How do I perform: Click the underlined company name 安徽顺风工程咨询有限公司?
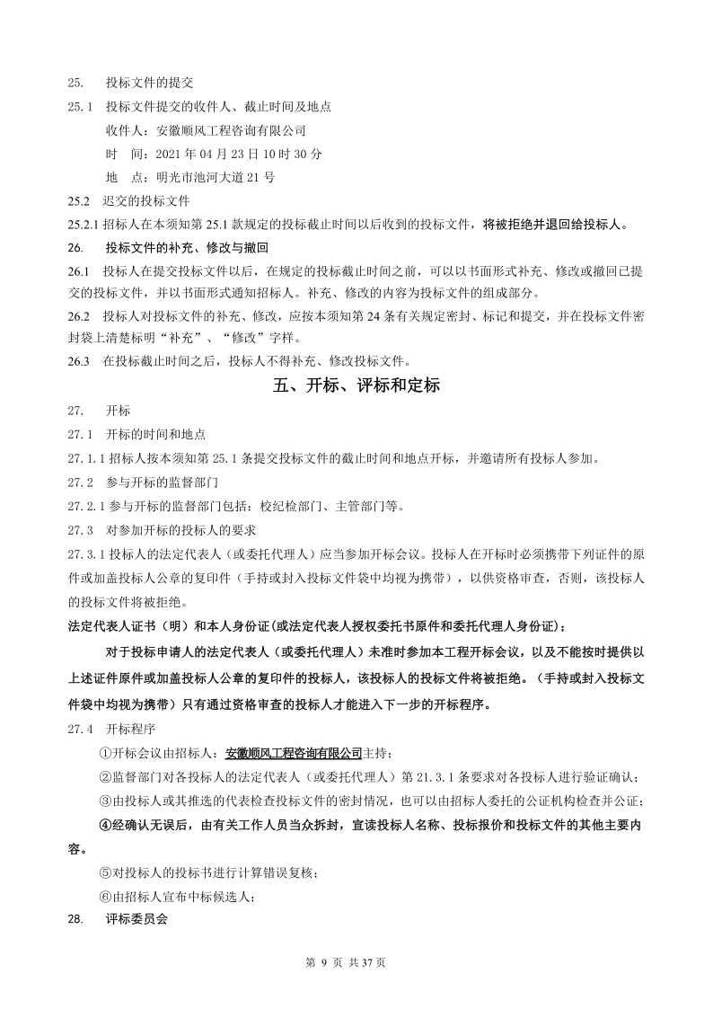(293, 754)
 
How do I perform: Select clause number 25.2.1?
(84, 224)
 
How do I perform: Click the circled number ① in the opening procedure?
(105, 754)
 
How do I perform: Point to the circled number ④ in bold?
(105, 824)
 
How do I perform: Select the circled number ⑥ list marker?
(105, 896)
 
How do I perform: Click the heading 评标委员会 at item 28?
(136, 919)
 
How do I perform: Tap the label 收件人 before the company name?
(124, 130)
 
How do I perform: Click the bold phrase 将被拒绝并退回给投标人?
(555, 224)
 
